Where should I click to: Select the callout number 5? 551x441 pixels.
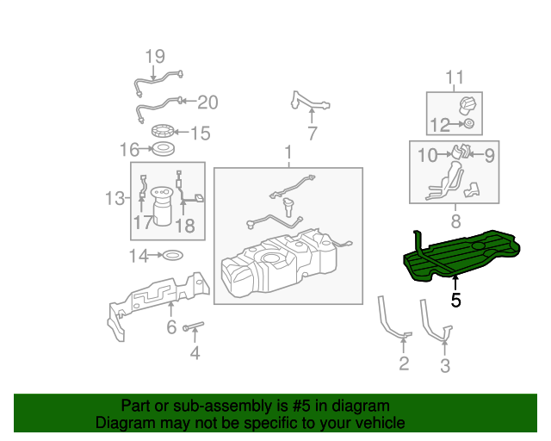[455, 301]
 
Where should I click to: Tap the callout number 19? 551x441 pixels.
[154, 58]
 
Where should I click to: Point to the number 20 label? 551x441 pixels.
[207, 103]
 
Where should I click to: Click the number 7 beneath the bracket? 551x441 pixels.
[312, 134]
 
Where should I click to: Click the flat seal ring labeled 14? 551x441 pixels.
[172, 255]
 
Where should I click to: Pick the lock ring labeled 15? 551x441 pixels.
[162, 132]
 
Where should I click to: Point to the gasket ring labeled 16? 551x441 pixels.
[161, 150]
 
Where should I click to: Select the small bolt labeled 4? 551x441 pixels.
[195, 326]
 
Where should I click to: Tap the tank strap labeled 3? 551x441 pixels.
[435, 319]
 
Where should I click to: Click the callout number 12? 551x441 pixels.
[440, 126]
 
